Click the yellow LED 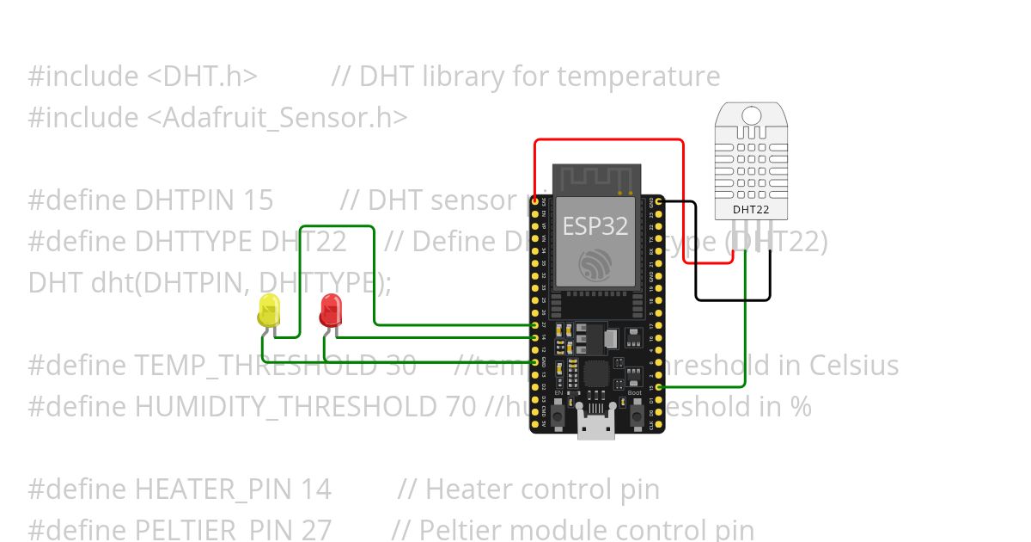[x=269, y=310]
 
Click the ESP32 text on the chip [x=595, y=226]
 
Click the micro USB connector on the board [x=596, y=426]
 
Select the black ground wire [x=732, y=300]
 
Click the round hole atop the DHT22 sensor [x=751, y=114]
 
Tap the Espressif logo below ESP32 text [x=595, y=264]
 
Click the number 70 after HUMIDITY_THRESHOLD [x=461, y=406]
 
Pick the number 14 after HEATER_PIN [x=316, y=490]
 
